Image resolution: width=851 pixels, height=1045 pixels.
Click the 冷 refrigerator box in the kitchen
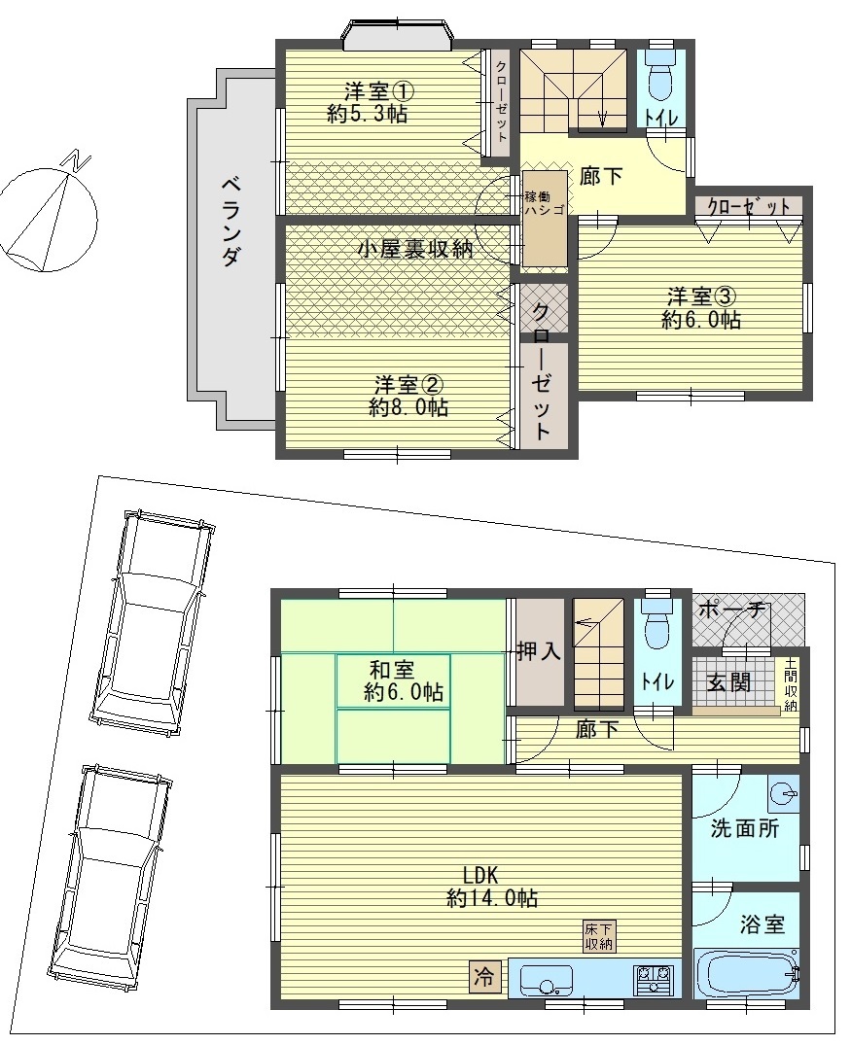484,976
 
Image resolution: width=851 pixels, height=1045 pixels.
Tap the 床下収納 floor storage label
599,937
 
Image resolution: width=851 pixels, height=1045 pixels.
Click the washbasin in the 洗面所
781,793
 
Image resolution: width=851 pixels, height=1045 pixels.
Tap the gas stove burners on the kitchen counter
654,978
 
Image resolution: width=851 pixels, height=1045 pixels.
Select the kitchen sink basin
546,978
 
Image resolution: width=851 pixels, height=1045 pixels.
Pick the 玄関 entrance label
729,681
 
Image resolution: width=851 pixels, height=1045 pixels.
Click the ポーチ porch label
733,610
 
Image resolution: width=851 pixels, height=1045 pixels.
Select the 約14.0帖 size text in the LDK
492,898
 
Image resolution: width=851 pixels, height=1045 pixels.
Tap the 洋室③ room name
701,296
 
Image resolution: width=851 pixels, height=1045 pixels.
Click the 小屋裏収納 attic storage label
415,249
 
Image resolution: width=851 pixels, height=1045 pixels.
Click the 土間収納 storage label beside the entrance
791,684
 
